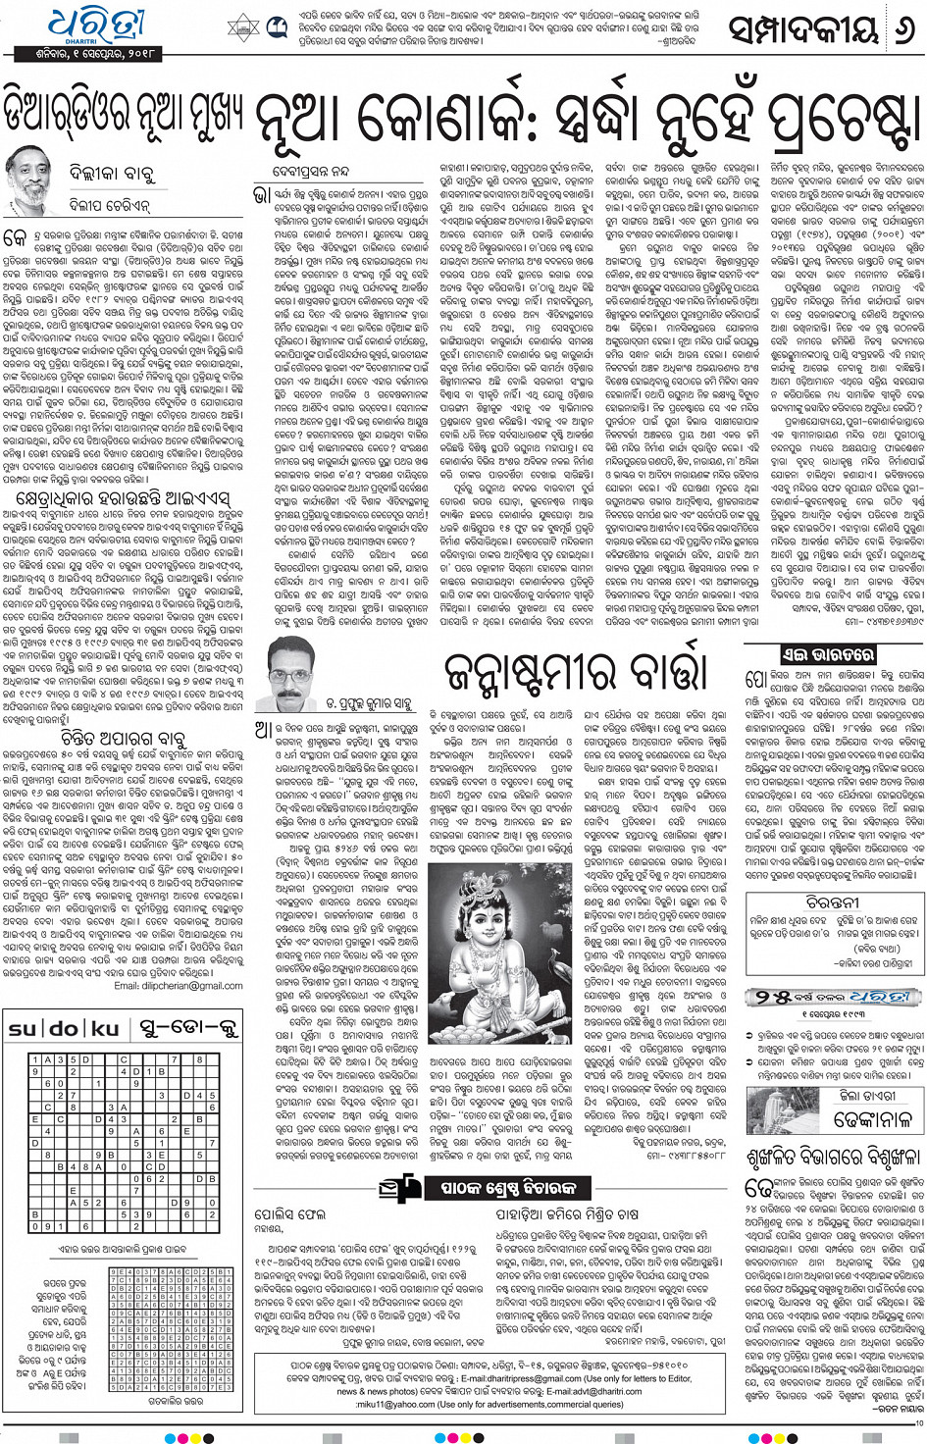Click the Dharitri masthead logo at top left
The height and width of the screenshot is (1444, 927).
coord(93,26)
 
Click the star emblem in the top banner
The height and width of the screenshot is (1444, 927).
coord(242,26)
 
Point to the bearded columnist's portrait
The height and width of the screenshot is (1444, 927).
coord(28,180)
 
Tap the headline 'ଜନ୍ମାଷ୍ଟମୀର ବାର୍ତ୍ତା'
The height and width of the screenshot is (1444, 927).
coord(575,670)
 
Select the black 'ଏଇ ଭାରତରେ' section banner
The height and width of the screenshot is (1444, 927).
coord(813,654)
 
